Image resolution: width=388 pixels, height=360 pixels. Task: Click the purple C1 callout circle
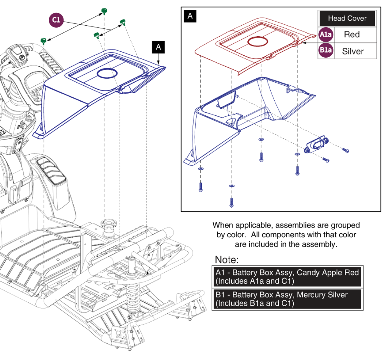tap(56, 20)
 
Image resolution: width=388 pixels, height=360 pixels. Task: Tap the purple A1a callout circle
tap(326, 34)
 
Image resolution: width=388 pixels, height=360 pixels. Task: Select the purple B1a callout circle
tap(326, 50)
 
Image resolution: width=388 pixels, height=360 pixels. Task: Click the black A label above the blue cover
tap(159, 47)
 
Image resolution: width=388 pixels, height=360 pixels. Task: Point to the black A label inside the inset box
tap(190, 16)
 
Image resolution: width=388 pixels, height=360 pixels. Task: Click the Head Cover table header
tap(347, 18)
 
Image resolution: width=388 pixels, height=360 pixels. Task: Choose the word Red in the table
tap(352, 34)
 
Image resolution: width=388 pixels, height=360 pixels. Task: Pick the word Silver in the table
tap(353, 51)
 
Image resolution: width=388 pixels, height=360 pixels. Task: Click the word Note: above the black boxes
tap(227, 259)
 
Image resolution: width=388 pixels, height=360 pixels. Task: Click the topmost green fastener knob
tap(104, 11)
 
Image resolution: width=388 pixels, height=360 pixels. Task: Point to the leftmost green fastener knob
tap(44, 41)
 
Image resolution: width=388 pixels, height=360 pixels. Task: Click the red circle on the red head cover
tap(257, 42)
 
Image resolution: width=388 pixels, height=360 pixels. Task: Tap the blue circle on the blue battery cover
tap(107, 74)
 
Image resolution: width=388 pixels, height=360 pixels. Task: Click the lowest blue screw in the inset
tap(231, 202)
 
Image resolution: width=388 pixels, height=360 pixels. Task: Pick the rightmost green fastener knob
tap(123, 22)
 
